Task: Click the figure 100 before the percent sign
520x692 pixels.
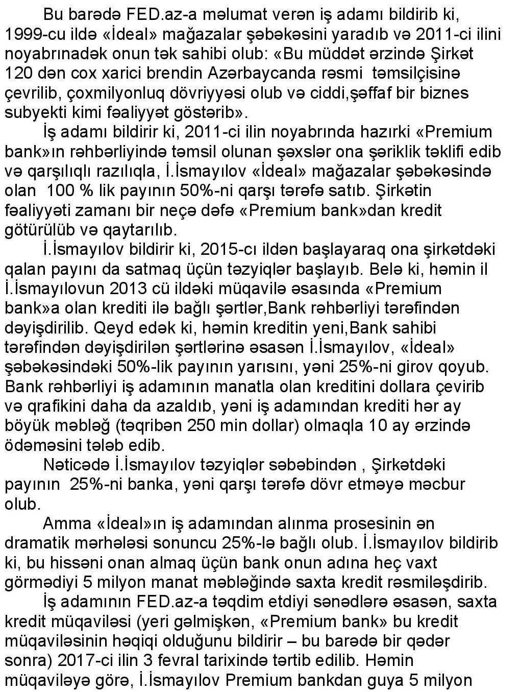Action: pyautogui.click(x=61, y=192)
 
